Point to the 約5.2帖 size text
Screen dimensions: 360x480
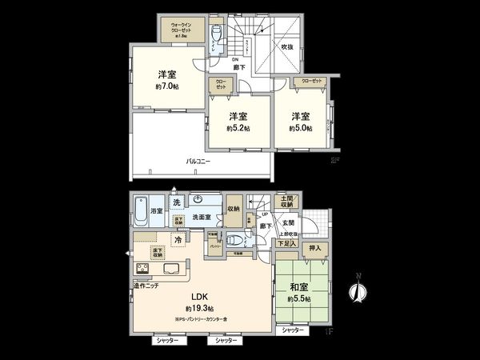[238, 128]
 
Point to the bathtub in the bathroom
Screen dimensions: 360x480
[142, 210]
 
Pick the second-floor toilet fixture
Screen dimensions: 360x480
[217, 38]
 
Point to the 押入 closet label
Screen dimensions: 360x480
[314, 249]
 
